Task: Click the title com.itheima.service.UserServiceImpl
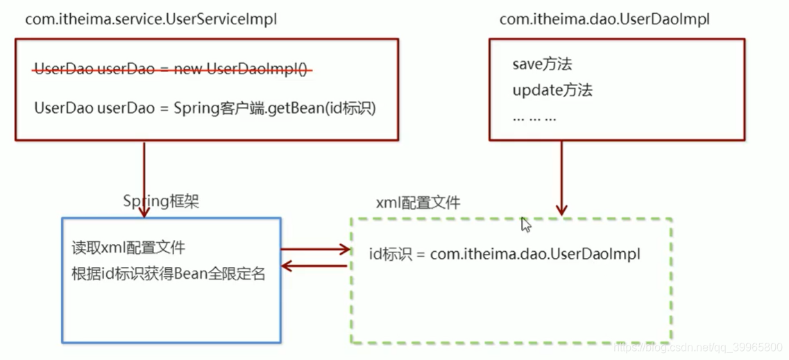click(x=151, y=19)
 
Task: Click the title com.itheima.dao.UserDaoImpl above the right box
click(x=604, y=19)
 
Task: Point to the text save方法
click(x=542, y=65)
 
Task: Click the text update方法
click(x=552, y=90)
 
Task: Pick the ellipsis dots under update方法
click(x=534, y=117)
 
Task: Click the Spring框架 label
click(x=160, y=201)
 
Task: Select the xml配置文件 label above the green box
click(x=418, y=203)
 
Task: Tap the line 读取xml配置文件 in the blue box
click(x=128, y=248)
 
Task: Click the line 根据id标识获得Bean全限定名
click(x=169, y=273)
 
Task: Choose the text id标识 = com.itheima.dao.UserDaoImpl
click(x=504, y=254)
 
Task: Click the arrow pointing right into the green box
click(x=316, y=249)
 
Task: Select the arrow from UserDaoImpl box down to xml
click(x=561, y=177)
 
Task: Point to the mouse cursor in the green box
click(x=525, y=225)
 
